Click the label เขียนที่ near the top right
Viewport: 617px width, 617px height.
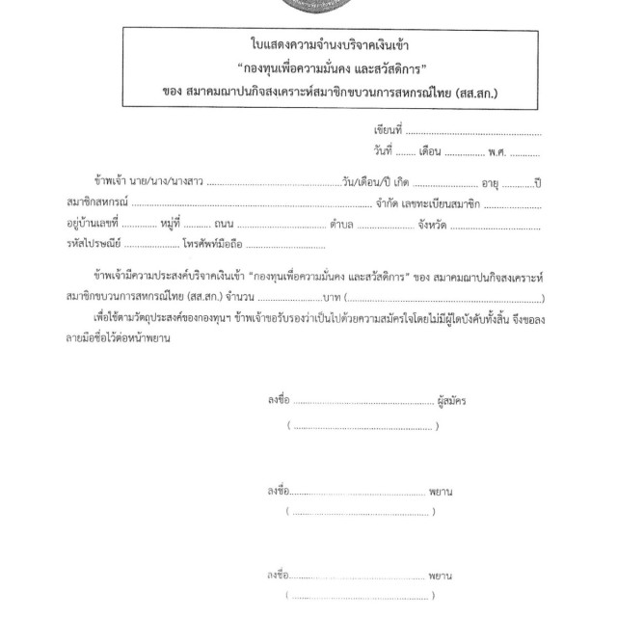coord(389,128)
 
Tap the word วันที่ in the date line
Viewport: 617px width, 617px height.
coord(383,151)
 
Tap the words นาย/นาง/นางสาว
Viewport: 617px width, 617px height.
coord(173,183)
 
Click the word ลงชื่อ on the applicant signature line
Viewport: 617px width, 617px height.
coord(278,402)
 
